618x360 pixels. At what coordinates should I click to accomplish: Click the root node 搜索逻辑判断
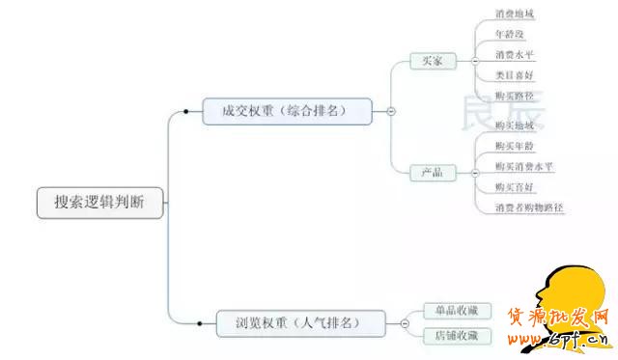pyautogui.click(x=101, y=202)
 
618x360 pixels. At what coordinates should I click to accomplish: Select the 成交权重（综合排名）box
pyautogui.click(x=288, y=111)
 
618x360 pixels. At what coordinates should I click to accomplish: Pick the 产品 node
pyautogui.click(x=432, y=172)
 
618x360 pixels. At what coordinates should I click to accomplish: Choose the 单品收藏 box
pyautogui.click(x=457, y=311)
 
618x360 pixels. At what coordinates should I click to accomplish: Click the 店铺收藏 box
pyautogui.click(x=457, y=336)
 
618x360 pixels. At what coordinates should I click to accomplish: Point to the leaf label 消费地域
pyautogui.click(x=514, y=14)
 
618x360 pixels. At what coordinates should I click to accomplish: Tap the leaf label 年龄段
pyautogui.click(x=510, y=35)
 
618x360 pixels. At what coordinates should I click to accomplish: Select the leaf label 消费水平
pyautogui.click(x=514, y=55)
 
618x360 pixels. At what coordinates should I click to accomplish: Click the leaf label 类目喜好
pyautogui.click(x=514, y=75)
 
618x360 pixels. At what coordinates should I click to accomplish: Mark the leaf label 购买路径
pyautogui.click(x=514, y=96)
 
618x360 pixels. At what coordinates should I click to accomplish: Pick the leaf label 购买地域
pyautogui.click(x=514, y=125)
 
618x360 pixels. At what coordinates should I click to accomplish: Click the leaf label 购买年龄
pyautogui.click(x=514, y=146)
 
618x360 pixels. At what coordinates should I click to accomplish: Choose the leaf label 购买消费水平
pyautogui.click(x=523, y=166)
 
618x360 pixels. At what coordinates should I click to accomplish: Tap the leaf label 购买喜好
pyautogui.click(x=514, y=186)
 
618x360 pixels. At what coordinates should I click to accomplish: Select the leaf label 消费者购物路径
pyautogui.click(x=528, y=208)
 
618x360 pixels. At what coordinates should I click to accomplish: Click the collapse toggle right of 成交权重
pyautogui.click(x=391, y=112)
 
